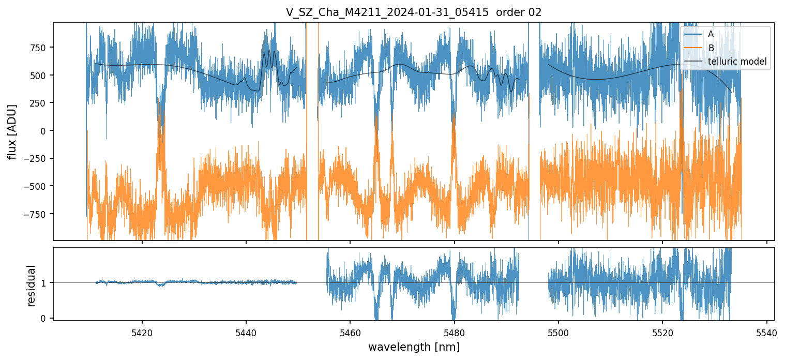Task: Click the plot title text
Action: (413, 12)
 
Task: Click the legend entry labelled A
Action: (711, 34)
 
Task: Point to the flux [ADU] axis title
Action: (12, 131)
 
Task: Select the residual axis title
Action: (31, 286)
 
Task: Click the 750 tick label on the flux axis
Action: (39, 48)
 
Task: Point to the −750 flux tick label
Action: (36, 214)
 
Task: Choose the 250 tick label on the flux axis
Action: (39, 103)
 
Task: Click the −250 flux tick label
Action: (36, 159)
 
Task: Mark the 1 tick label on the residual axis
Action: (44, 283)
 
